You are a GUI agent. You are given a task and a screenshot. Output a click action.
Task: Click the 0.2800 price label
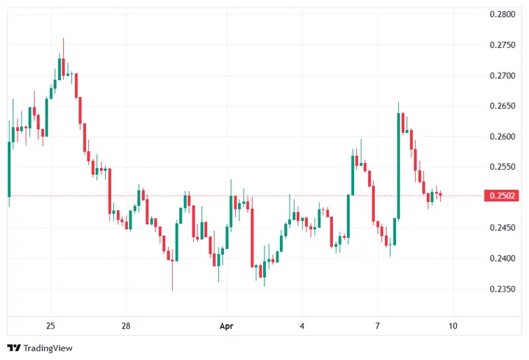click(501, 14)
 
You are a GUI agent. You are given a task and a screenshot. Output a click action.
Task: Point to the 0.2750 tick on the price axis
click(501, 45)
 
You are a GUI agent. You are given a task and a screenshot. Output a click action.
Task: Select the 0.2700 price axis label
click(501, 76)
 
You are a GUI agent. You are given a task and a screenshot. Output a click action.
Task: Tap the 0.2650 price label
click(501, 106)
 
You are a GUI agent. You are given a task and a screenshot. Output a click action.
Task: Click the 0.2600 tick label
click(501, 137)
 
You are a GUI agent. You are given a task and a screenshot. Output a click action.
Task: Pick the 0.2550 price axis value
click(501, 167)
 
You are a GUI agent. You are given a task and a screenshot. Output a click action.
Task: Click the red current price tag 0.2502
click(501, 195)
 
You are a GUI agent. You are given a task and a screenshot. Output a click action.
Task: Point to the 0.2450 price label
click(501, 228)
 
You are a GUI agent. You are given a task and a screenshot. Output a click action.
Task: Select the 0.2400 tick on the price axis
click(501, 259)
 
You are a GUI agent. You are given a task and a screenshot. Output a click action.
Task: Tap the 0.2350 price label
click(501, 289)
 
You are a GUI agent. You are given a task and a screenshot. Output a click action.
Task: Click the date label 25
click(50, 325)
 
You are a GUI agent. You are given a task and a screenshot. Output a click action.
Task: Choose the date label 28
click(126, 325)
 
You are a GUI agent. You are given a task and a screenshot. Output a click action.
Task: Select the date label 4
click(302, 325)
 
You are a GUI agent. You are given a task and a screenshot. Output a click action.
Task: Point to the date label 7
click(377, 325)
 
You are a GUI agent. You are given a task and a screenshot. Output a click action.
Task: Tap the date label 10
click(453, 325)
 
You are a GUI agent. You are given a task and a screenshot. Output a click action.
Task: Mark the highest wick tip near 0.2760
click(63, 39)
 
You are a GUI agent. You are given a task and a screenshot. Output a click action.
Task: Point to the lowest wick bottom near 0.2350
click(173, 289)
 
